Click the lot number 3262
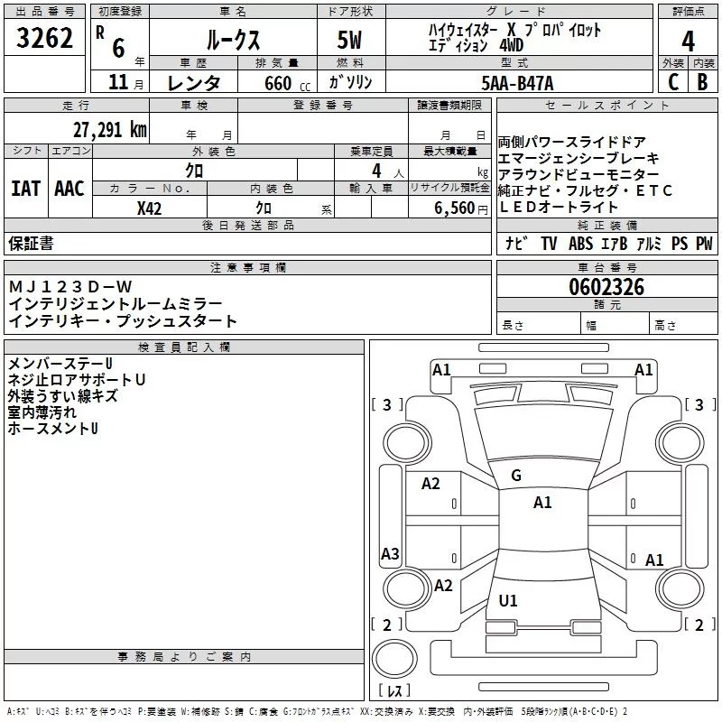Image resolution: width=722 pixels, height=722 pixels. (44, 38)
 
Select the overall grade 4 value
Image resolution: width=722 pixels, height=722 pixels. (688, 41)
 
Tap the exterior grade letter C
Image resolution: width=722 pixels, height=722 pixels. (673, 82)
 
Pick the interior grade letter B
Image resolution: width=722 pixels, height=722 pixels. (702, 82)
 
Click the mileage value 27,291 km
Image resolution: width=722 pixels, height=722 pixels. (110, 130)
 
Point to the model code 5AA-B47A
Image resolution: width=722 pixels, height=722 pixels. (517, 83)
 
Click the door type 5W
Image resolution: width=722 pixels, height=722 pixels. (349, 40)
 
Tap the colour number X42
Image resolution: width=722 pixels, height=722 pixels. (149, 208)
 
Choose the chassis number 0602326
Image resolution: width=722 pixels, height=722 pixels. (606, 287)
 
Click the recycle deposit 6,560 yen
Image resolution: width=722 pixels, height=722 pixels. (461, 208)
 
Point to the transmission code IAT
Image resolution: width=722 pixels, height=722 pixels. (26, 189)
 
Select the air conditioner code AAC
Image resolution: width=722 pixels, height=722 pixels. (69, 189)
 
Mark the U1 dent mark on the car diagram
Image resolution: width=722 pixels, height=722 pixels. (508, 600)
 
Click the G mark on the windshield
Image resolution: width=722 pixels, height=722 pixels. (516, 476)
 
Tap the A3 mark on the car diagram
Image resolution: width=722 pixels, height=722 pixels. (390, 553)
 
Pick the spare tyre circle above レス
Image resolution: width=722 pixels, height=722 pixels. (394, 659)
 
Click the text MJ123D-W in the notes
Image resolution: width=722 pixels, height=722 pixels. (70, 287)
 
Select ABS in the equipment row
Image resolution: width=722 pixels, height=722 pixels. (580, 243)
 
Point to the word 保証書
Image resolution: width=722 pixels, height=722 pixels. (31, 243)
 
